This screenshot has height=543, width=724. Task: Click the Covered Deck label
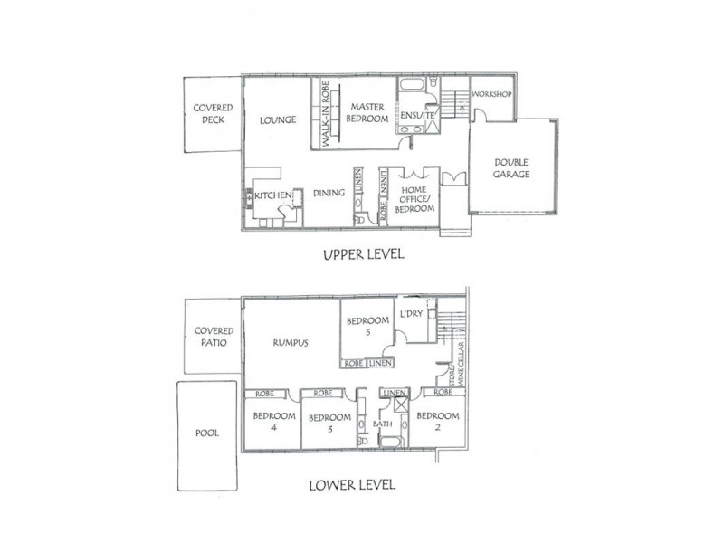pyautogui.click(x=213, y=113)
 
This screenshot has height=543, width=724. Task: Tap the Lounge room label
pyautogui.click(x=278, y=119)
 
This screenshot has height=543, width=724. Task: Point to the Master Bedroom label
pyautogui.click(x=368, y=113)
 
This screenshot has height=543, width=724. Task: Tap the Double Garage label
pyautogui.click(x=511, y=168)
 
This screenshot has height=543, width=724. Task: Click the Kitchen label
pyautogui.click(x=272, y=195)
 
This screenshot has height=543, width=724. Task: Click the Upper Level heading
pyautogui.click(x=363, y=255)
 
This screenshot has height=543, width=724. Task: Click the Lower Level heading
pyautogui.click(x=352, y=484)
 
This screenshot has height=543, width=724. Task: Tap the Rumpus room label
pyautogui.click(x=291, y=343)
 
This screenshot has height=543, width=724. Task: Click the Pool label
pyautogui.click(x=207, y=433)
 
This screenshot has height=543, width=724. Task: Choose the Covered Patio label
pyautogui.click(x=214, y=338)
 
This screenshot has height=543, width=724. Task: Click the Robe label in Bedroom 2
pyautogui.click(x=443, y=393)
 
